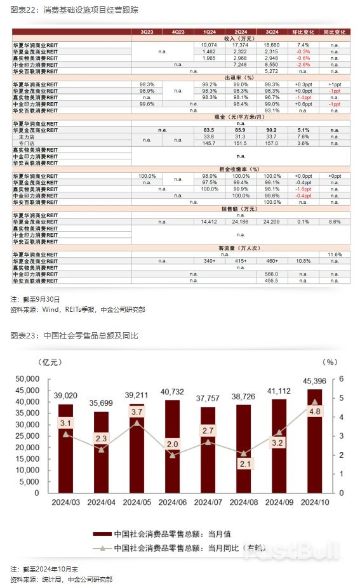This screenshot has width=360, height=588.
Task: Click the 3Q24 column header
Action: (272, 31)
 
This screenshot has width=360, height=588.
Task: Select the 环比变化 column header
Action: (302, 31)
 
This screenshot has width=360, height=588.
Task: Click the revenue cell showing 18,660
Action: (272, 45)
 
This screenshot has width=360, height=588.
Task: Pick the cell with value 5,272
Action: (272, 70)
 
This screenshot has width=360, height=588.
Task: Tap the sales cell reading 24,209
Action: (272, 222)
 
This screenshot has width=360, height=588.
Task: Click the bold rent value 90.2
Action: (272, 130)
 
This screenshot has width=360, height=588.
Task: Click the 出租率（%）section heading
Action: (239, 77)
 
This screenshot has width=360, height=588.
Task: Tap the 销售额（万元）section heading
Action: (239, 208)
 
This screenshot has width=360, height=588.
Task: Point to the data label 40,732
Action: (172, 391)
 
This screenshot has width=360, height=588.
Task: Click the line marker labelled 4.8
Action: (315, 402)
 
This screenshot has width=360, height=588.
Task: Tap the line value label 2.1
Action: (244, 464)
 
